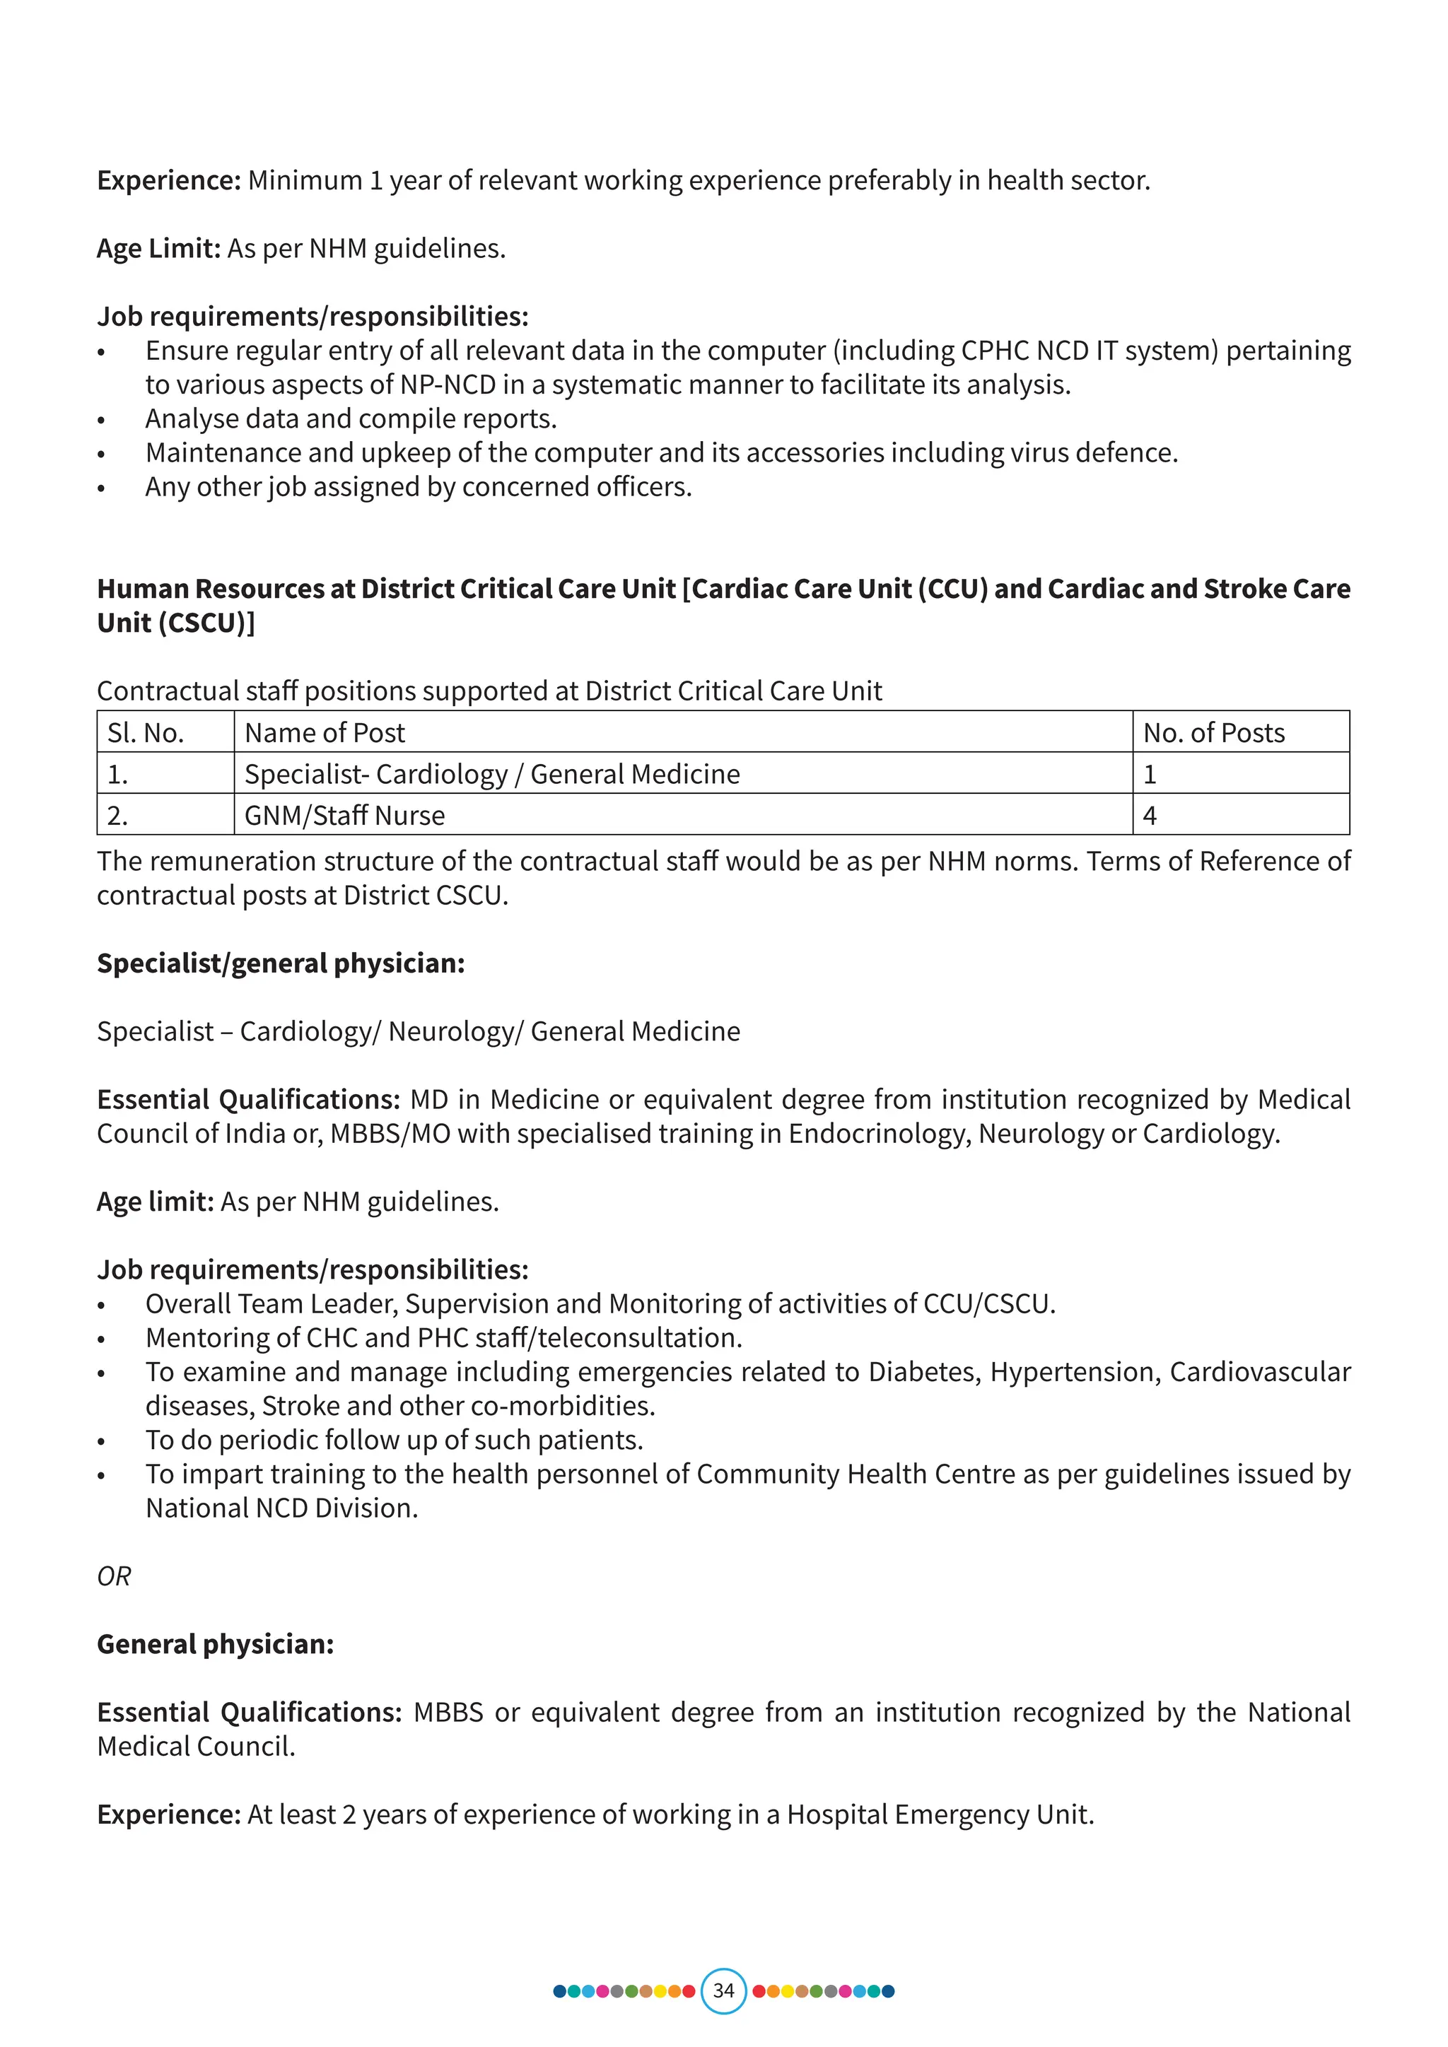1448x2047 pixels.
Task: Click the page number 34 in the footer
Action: coord(723,1990)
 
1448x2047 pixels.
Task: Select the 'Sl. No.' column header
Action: coord(146,732)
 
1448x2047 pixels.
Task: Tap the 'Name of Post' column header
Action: coord(325,732)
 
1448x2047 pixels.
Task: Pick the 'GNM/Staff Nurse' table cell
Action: coord(344,815)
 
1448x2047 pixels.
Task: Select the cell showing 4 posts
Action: coord(1150,815)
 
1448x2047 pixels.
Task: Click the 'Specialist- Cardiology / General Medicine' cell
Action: coord(492,774)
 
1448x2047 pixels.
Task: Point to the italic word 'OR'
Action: coord(114,1576)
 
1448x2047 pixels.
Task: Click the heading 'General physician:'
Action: coord(215,1644)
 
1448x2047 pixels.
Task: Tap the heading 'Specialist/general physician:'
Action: coord(281,963)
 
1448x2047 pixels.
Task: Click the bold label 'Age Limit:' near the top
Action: coord(158,248)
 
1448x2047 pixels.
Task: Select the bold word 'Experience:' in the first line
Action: coord(168,180)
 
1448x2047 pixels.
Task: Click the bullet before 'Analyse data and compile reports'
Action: coord(102,420)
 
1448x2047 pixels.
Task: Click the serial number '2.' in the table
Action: coord(117,815)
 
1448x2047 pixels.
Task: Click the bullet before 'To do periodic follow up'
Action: coord(102,1442)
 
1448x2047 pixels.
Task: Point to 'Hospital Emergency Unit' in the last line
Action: coord(939,1814)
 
